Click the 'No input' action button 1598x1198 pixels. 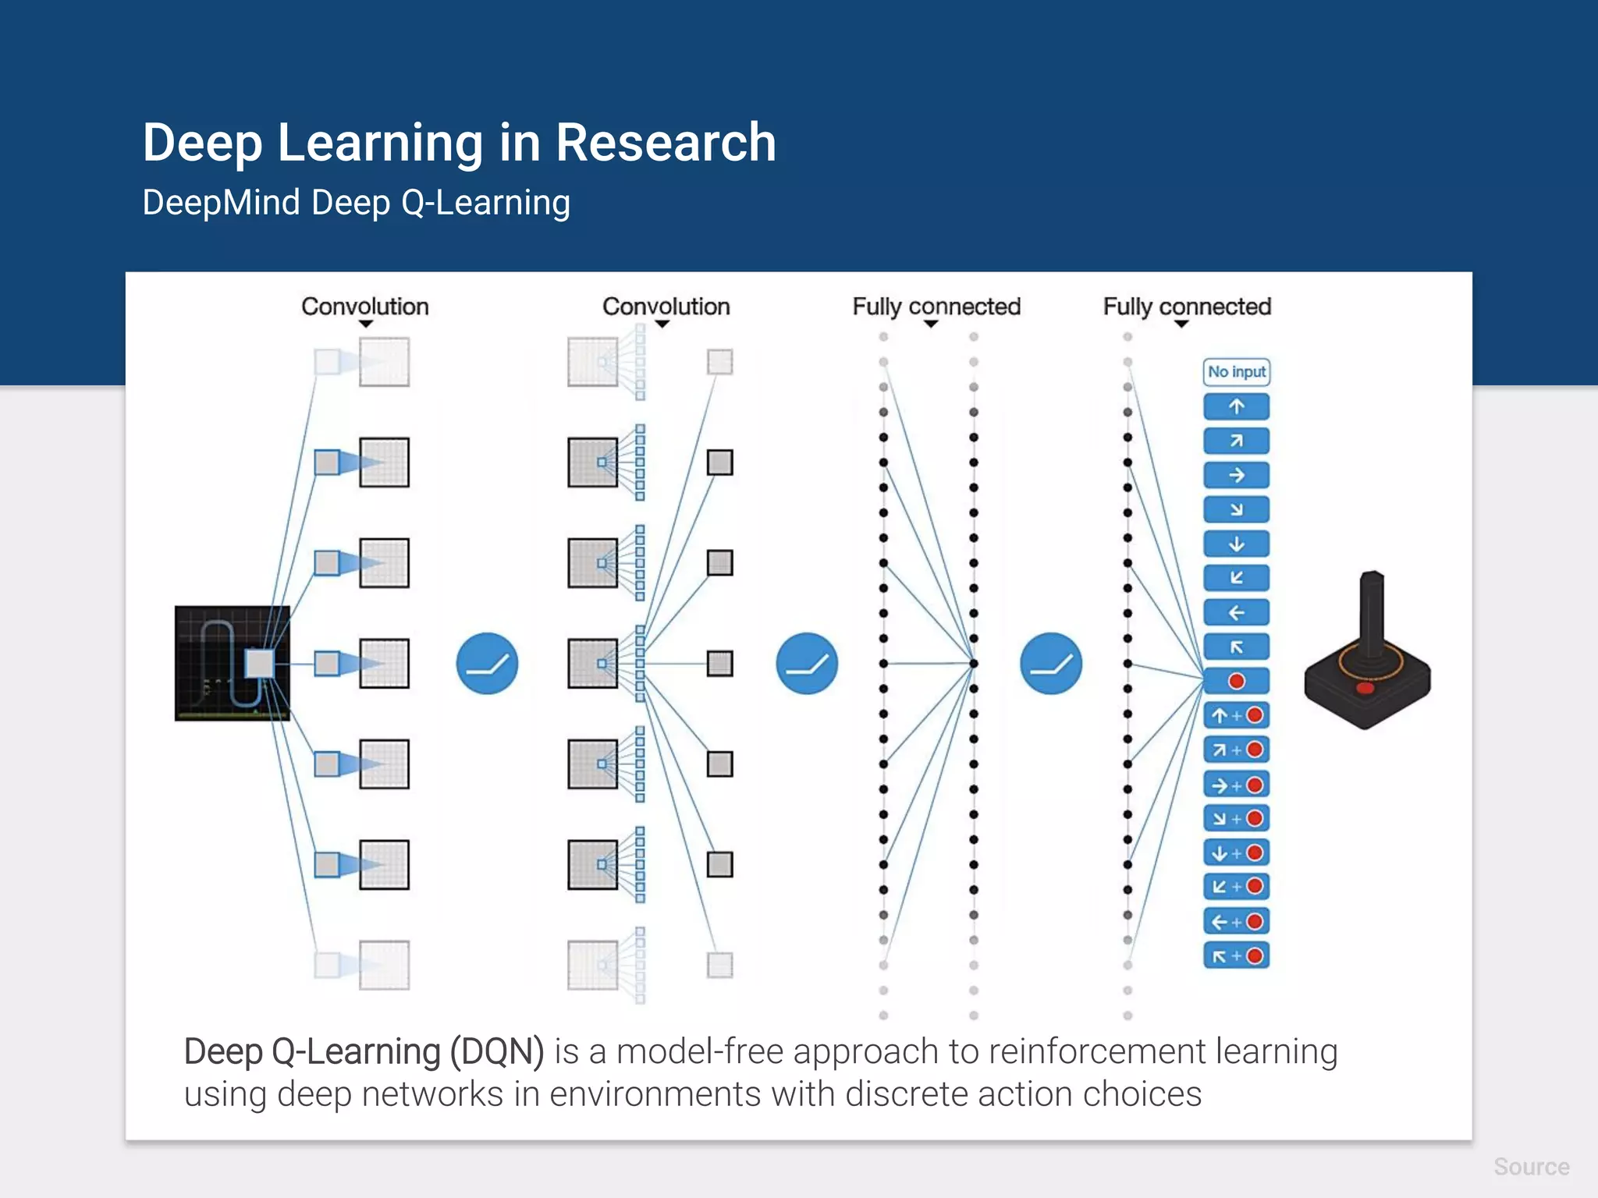tap(1236, 372)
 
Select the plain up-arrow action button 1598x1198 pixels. tap(1236, 406)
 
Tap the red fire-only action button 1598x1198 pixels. tap(1236, 681)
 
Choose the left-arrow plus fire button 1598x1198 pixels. tap(1236, 922)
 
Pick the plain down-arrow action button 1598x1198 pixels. tap(1236, 544)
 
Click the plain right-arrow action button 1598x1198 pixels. tap(1236, 475)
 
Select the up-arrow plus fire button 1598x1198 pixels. tap(1236, 715)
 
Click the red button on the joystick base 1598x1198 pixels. tap(1365, 688)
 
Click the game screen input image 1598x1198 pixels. tap(232, 663)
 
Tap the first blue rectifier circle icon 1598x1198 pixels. tap(487, 664)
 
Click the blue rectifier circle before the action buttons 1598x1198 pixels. tap(1050, 664)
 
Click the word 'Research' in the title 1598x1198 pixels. tap(666, 143)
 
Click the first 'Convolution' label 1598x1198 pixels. tap(365, 307)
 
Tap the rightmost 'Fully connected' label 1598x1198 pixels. tap(1186, 307)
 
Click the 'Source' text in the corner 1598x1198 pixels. tap(1531, 1167)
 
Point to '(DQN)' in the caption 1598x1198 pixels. tap(496, 1051)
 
